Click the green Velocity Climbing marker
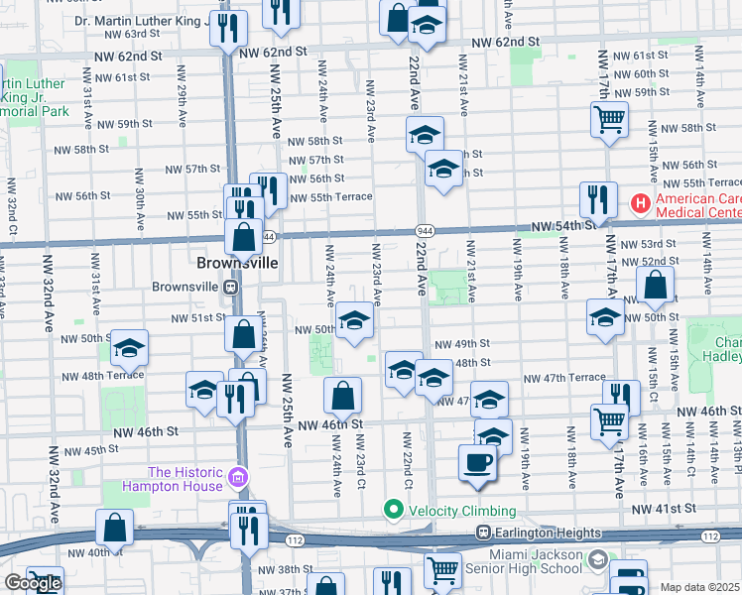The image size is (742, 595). (x=394, y=511)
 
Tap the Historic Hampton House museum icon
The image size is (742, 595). (x=237, y=479)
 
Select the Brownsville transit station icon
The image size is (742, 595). (x=229, y=288)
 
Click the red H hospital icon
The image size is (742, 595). (x=640, y=204)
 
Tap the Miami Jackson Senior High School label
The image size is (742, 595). (x=534, y=560)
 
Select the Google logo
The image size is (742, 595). (x=32, y=583)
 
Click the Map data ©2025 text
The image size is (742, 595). (x=700, y=587)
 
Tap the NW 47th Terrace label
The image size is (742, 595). (x=563, y=379)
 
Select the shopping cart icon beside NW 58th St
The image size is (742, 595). (x=609, y=119)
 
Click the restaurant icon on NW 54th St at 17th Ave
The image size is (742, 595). (x=598, y=199)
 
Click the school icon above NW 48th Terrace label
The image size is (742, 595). (x=129, y=347)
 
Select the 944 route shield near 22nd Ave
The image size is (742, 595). (x=423, y=230)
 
